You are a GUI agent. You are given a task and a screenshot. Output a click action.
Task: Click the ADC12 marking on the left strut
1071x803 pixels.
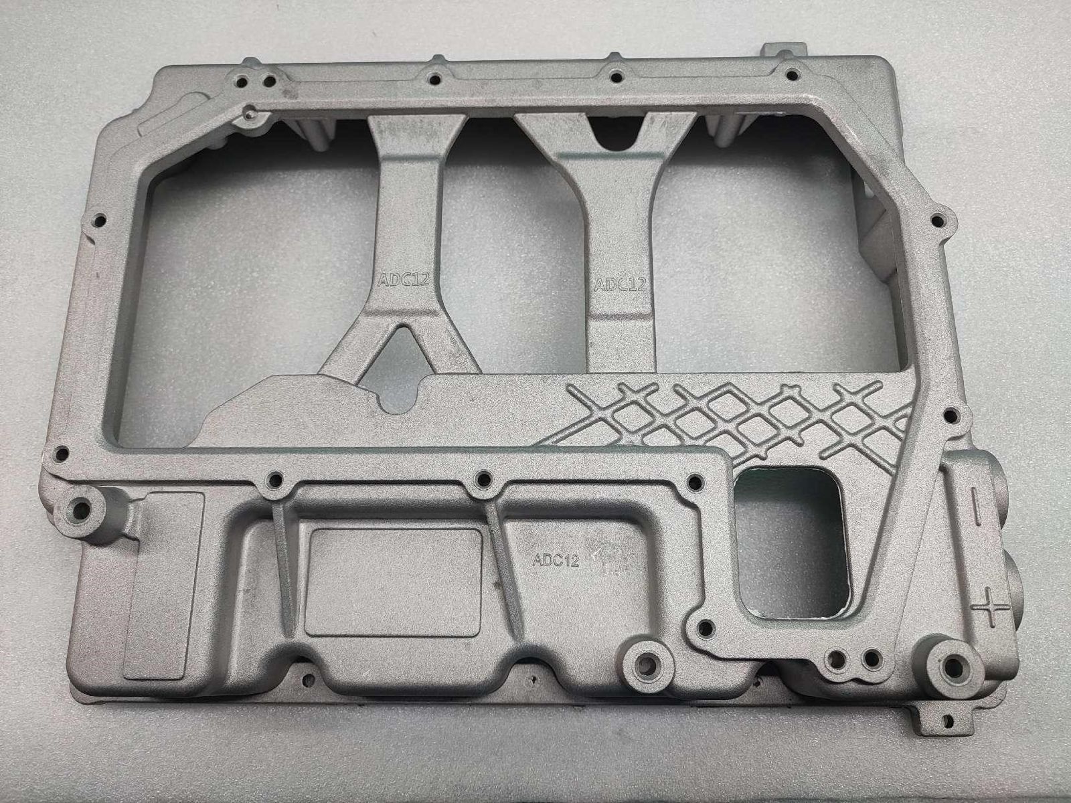403,279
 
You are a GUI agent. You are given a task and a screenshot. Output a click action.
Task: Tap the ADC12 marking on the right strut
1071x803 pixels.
620,284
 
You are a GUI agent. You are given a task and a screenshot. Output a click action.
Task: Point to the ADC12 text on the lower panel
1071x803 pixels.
556,559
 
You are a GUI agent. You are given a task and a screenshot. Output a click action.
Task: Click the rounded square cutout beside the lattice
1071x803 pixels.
791,542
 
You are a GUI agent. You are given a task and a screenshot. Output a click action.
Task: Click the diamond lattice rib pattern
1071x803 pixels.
732,420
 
